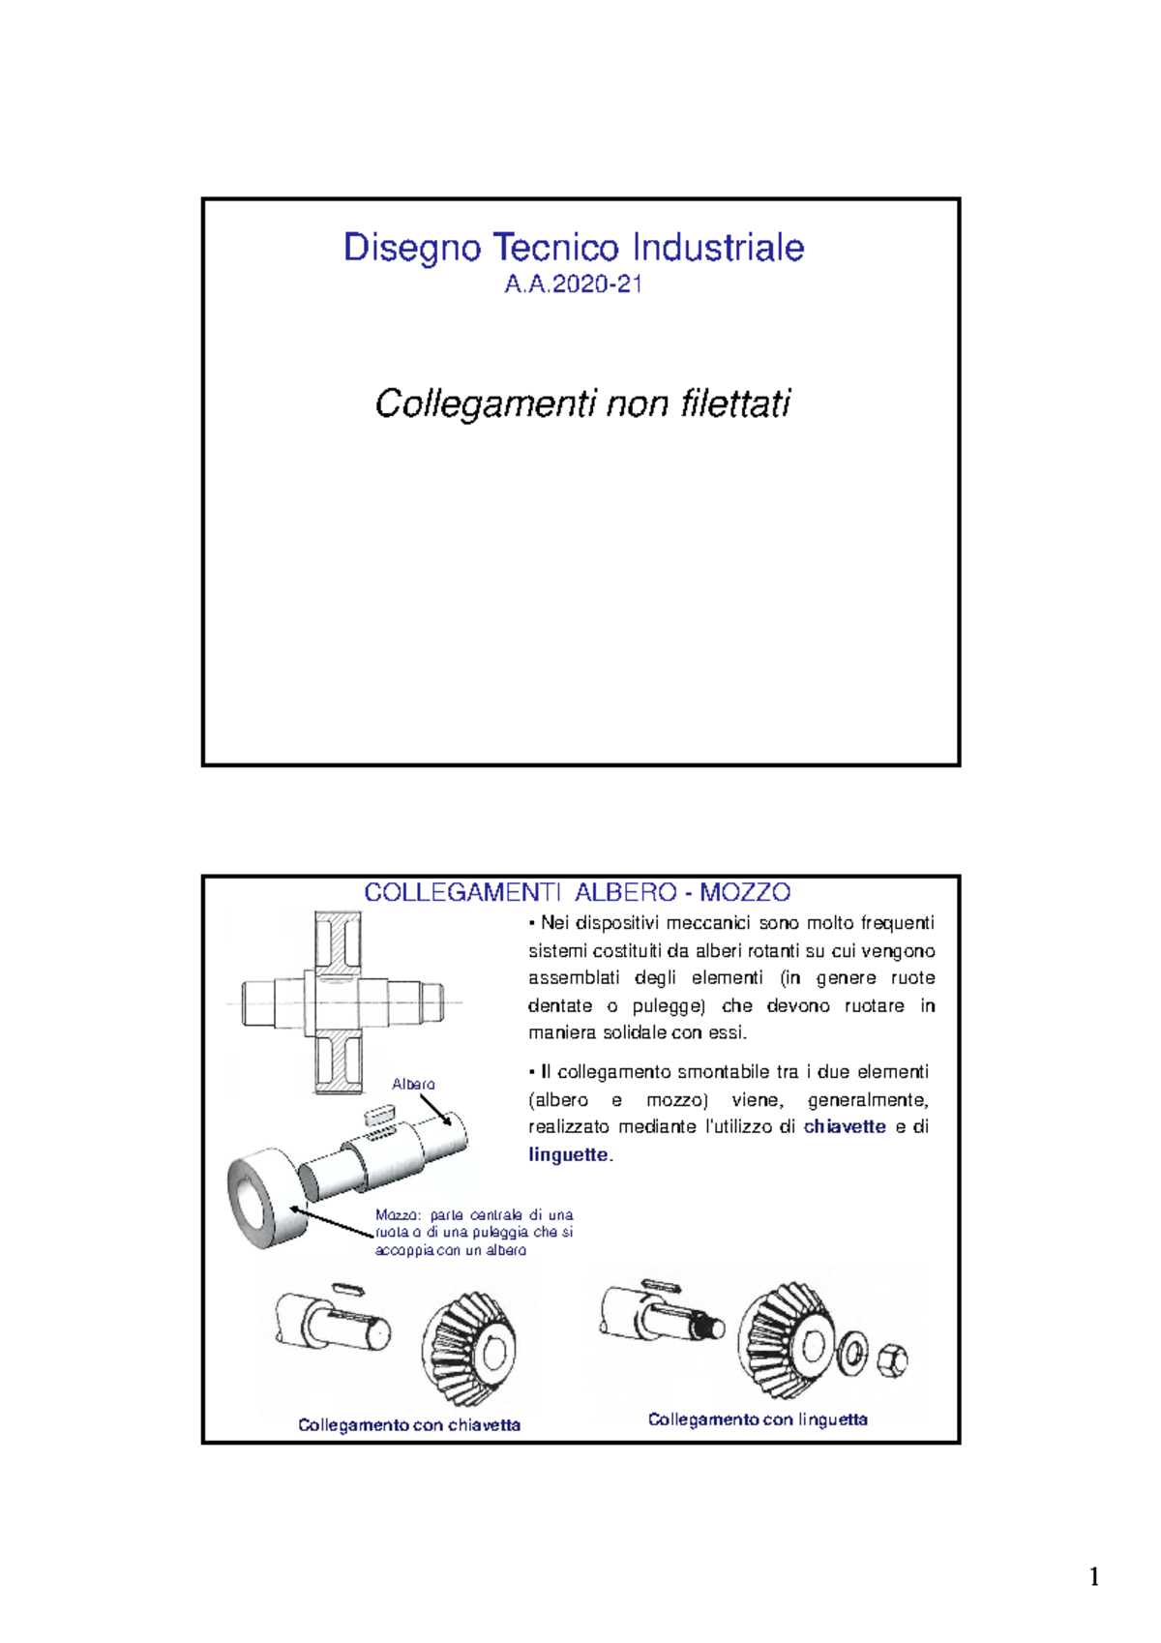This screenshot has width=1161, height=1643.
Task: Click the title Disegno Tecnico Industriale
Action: [574, 248]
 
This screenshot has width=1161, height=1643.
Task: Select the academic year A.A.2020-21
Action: [574, 284]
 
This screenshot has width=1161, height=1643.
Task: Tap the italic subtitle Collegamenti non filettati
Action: [582, 403]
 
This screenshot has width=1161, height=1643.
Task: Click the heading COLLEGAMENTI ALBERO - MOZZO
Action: [578, 892]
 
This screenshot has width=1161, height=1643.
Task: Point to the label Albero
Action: [413, 1084]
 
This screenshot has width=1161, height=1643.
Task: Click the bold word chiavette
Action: [845, 1126]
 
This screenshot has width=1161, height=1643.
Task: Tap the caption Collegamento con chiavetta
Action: [409, 1424]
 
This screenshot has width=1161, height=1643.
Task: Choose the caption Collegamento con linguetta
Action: [758, 1419]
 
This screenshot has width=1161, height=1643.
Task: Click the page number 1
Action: [1094, 1577]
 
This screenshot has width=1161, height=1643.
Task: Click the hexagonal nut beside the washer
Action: [892, 1360]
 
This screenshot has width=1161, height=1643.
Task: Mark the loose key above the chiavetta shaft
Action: [346, 1288]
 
